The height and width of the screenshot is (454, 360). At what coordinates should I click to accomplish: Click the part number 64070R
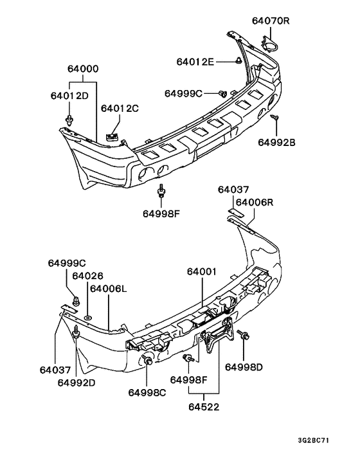(271, 21)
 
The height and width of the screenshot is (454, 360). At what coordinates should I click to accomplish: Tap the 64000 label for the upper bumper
(82, 69)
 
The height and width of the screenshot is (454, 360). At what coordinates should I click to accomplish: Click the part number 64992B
(277, 142)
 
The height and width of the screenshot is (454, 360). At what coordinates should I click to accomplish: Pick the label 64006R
(255, 202)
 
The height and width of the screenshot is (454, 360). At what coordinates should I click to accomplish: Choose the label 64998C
(147, 392)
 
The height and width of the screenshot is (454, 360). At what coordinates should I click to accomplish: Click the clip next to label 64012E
(238, 62)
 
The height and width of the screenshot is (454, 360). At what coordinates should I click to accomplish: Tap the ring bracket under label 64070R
(271, 45)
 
